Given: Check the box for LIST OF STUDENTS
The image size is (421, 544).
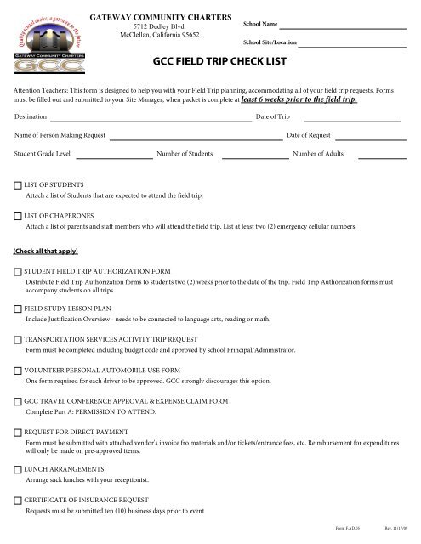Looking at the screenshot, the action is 18,184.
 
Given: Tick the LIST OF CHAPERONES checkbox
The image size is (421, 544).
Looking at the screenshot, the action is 18,217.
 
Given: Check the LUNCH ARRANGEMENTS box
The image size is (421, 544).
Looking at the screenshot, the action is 18,469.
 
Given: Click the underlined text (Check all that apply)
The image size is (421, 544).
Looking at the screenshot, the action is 48,252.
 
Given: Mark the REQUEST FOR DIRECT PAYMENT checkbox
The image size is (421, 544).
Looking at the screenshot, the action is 18,432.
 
